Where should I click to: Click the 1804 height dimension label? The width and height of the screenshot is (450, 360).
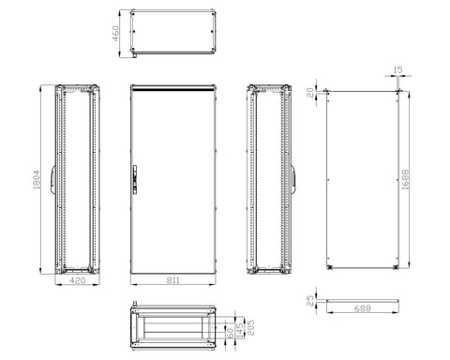(37, 179)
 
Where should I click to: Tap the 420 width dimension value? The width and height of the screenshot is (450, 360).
(77, 280)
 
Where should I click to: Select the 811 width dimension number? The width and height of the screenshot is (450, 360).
(172, 280)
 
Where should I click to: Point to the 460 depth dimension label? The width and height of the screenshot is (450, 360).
(115, 34)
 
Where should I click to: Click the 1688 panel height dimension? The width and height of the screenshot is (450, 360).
(405, 179)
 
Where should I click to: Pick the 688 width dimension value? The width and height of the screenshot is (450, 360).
(363, 308)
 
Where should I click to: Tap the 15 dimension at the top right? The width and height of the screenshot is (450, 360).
(397, 70)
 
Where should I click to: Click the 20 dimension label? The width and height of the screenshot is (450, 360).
(310, 93)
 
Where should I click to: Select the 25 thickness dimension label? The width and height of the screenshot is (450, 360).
(310, 301)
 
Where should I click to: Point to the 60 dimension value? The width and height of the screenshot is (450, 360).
(229, 333)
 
